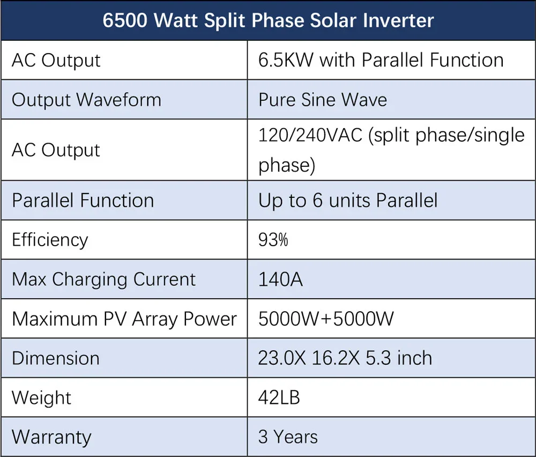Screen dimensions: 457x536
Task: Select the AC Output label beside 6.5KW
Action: click(56, 60)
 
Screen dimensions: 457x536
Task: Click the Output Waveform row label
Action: click(86, 100)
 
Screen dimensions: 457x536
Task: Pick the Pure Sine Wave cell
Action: click(323, 100)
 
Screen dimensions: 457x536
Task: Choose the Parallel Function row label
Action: click(83, 201)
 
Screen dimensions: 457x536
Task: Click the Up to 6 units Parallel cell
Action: click(348, 201)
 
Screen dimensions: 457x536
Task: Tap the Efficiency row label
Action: click(50, 240)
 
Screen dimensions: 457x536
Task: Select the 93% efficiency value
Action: click(273, 240)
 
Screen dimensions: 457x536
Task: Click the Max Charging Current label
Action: click(104, 279)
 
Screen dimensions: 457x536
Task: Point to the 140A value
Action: click(280, 279)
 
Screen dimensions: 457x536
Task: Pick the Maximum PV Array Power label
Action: click(124, 319)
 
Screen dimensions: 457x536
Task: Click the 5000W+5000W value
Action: click(326, 319)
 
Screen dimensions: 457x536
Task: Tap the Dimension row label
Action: click(56, 358)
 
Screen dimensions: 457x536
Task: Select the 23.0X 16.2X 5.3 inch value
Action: click(345, 358)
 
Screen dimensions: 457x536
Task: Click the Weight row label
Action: click(41, 398)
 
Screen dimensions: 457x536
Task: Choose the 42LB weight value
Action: click(279, 398)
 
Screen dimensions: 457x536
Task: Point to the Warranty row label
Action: click(51, 437)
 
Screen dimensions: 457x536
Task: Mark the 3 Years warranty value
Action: click(288, 437)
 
